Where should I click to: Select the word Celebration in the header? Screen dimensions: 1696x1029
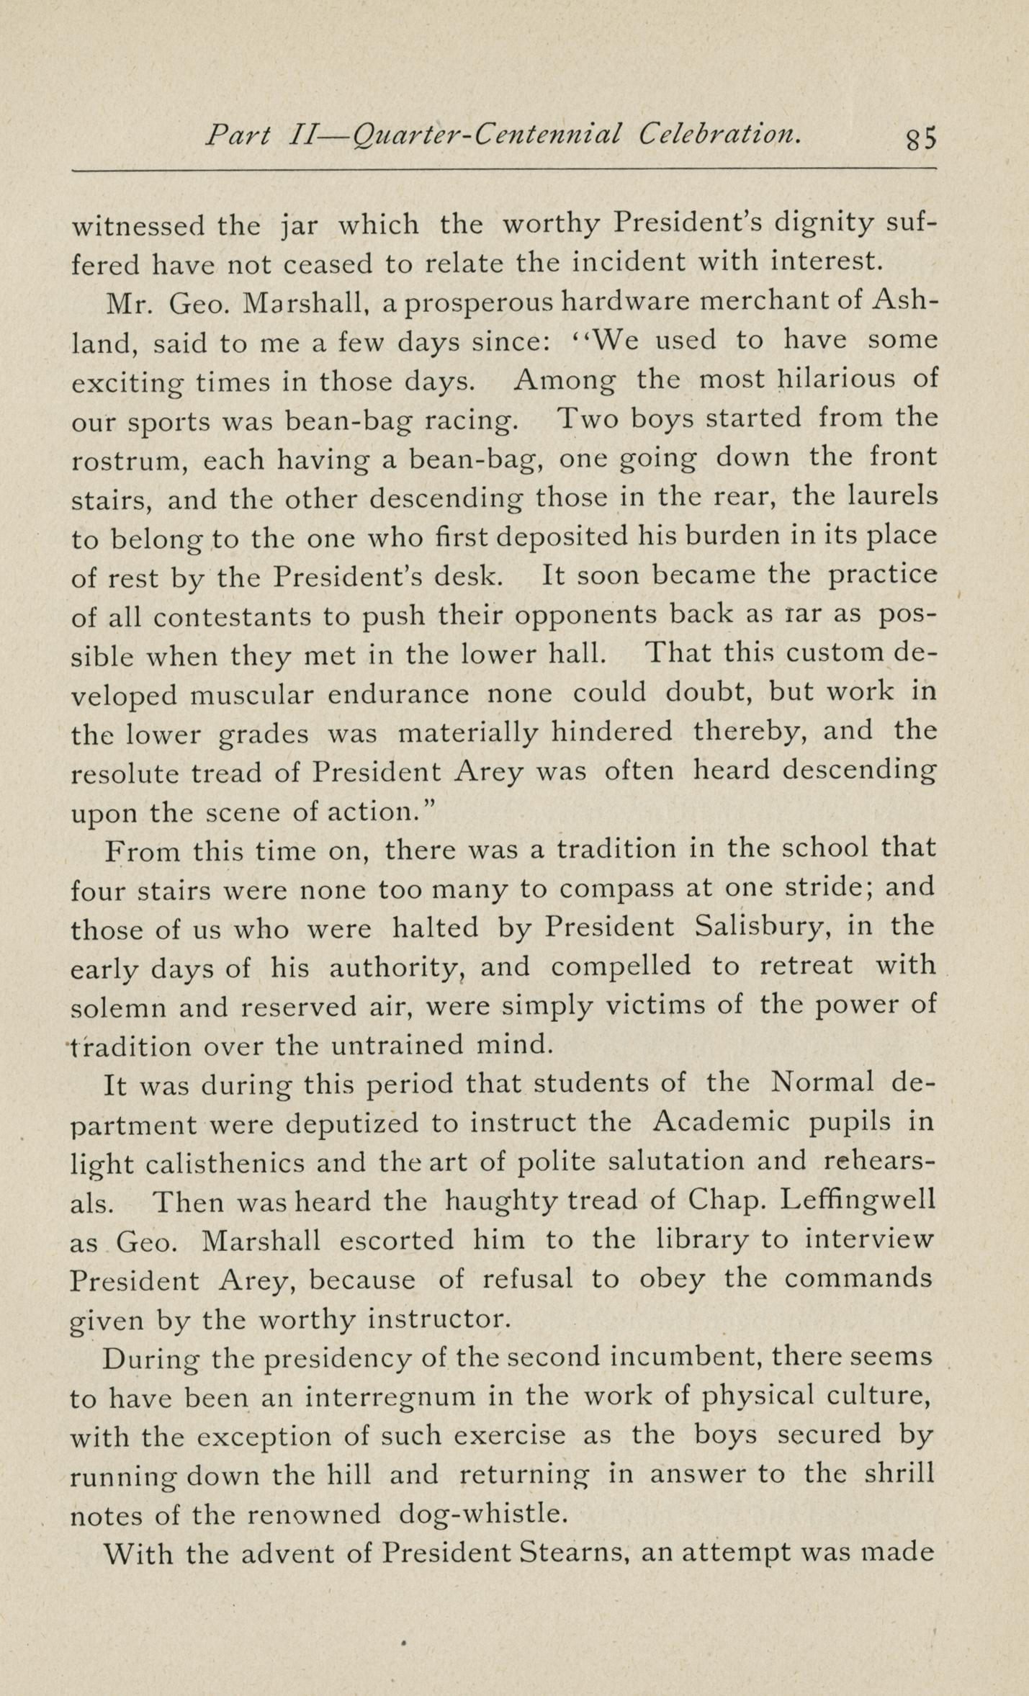click(x=719, y=134)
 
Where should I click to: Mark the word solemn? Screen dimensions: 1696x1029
click(x=118, y=1007)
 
